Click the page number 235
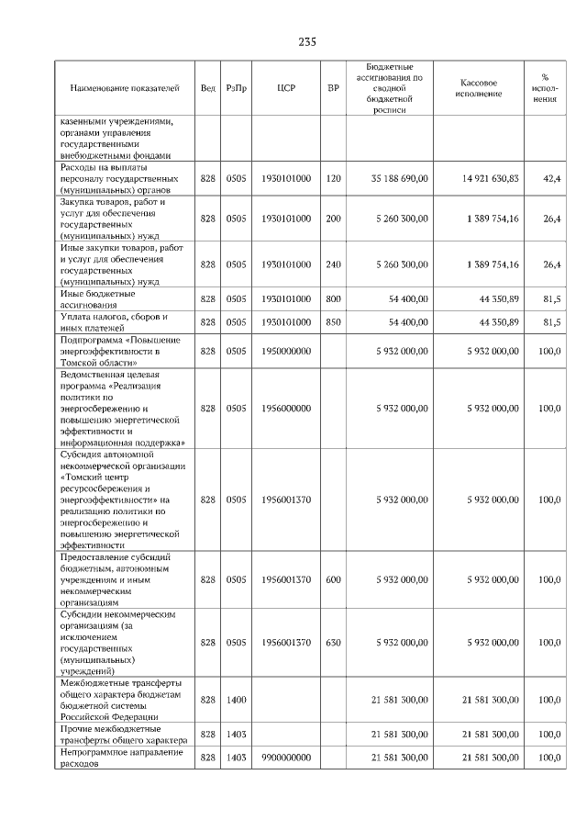point(307,42)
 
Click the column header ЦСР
point(284,88)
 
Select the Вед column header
point(208,88)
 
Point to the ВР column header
point(333,88)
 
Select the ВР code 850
point(333,322)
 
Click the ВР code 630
point(333,643)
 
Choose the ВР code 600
point(333,579)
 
